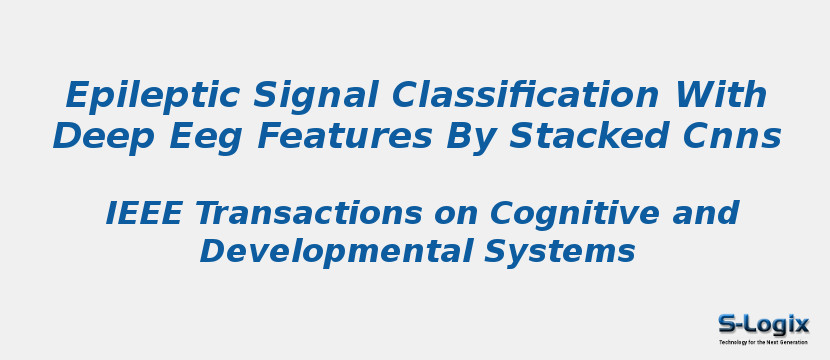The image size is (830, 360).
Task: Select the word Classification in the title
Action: (x=526, y=96)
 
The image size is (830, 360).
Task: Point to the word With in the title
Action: (x=721, y=96)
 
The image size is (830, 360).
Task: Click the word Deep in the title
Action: (x=96, y=136)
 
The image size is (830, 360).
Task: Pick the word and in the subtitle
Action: (x=706, y=213)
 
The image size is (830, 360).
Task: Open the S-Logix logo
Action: (x=763, y=328)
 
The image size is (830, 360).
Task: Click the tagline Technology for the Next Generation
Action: (x=763, y=342)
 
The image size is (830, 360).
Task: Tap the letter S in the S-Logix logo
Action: (x=727, y=324)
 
